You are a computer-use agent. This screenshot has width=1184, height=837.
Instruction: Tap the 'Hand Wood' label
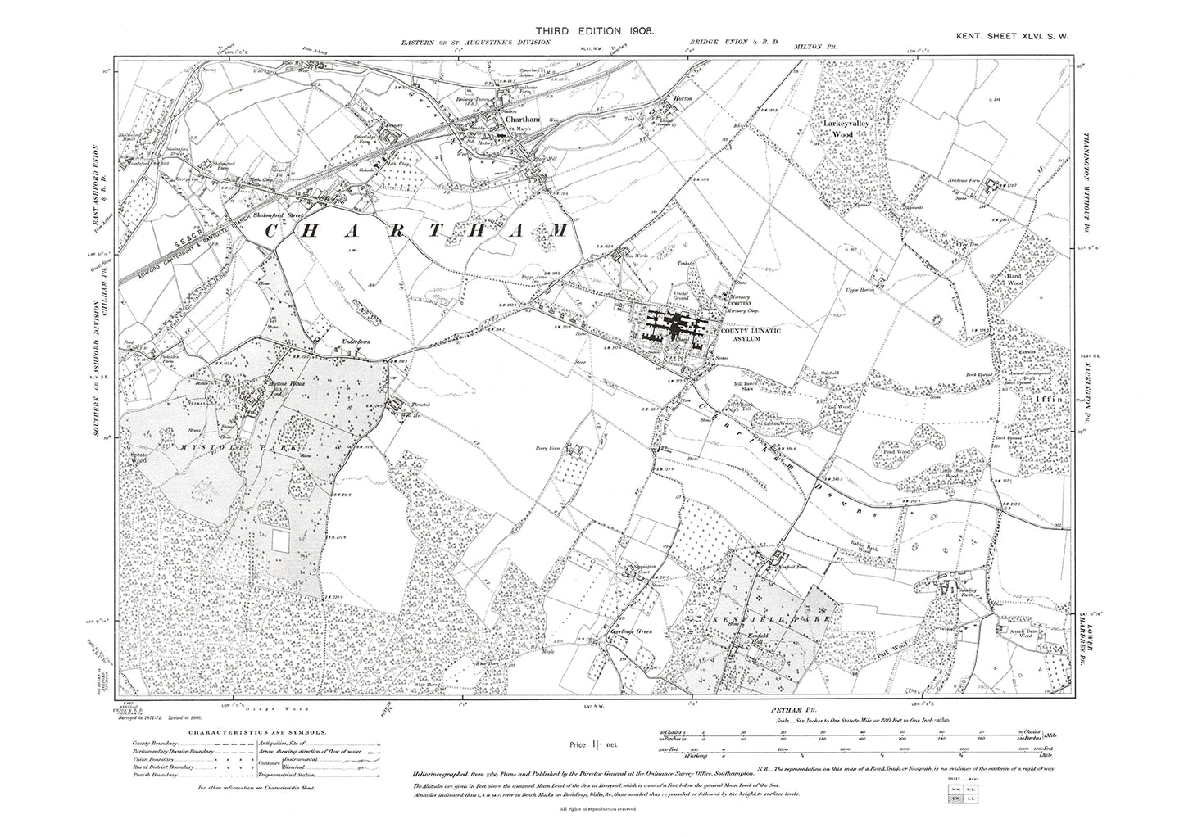pos(1016,281)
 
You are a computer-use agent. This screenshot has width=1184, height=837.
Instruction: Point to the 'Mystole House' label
pos(276,384)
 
